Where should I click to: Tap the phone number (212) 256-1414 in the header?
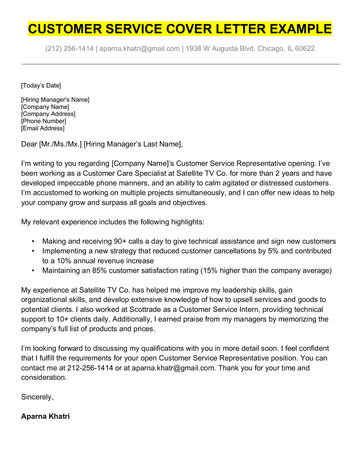click(67, 47)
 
